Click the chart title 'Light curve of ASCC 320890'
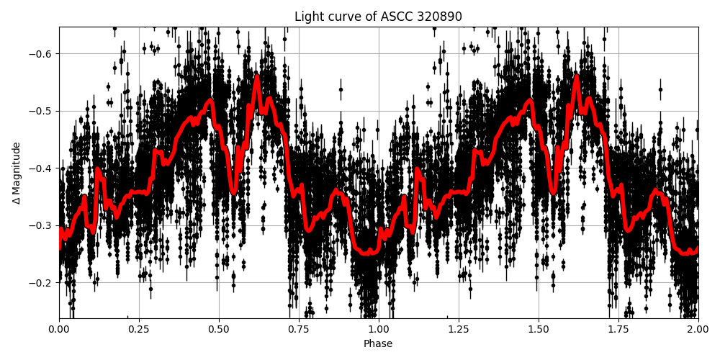pos(378,17)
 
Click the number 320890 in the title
pos(438,17)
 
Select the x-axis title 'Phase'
pos(378,344)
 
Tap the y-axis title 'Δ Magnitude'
pos(16,173)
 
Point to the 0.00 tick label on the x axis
pos(59,329)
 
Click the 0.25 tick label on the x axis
pos(139,329)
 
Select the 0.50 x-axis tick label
pos(219,329)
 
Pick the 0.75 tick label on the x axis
pos(299,329)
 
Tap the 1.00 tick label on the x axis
pos(379,329)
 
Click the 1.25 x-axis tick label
pos(459,329)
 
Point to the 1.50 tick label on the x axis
pos(539,329)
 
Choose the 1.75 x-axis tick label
pos(618,329)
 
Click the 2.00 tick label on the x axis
pos(698,329)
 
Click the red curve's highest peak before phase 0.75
pos(257,76)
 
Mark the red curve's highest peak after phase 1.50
pos(577,76)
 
